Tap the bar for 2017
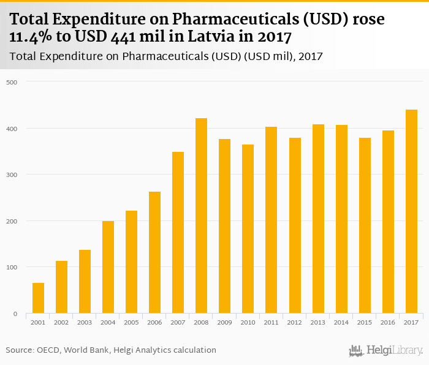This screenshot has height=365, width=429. click(x=411, y=211)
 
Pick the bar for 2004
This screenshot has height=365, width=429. click(x=108, y=267)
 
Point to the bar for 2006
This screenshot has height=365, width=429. click(x=154, y=252)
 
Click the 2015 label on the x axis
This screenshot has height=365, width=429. click(x=365, y=323)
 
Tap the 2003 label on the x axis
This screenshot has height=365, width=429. click(x=85, y=323)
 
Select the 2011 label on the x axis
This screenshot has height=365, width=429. click(x=271, y=323)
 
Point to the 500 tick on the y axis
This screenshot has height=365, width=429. click(x=12, y=82)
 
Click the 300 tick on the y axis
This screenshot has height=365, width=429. click(x=12, y=175)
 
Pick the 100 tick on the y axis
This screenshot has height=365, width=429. click(x=12, y=268)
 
